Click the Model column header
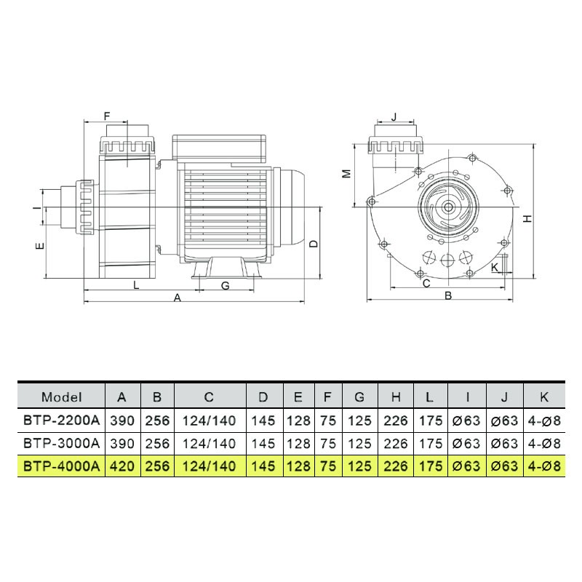(61, 397)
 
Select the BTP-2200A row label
(62, 420)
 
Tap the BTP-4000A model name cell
(62, 466)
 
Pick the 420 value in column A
(122, 466)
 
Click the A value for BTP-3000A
(122, 444)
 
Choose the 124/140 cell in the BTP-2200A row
(210, 420)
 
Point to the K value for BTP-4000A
(544, 466)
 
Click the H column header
(396, 397)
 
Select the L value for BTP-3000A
(431, 444)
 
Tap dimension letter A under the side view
(178, 298)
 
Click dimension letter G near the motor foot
(225, 285)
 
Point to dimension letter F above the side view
(107, 116)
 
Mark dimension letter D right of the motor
(314, 244)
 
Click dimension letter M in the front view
(347, 173)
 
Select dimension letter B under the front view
(448, 296)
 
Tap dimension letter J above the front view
(394, 117)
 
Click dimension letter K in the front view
(495, 267)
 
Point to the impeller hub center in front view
(448, 207)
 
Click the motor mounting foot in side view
(226, 268)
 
